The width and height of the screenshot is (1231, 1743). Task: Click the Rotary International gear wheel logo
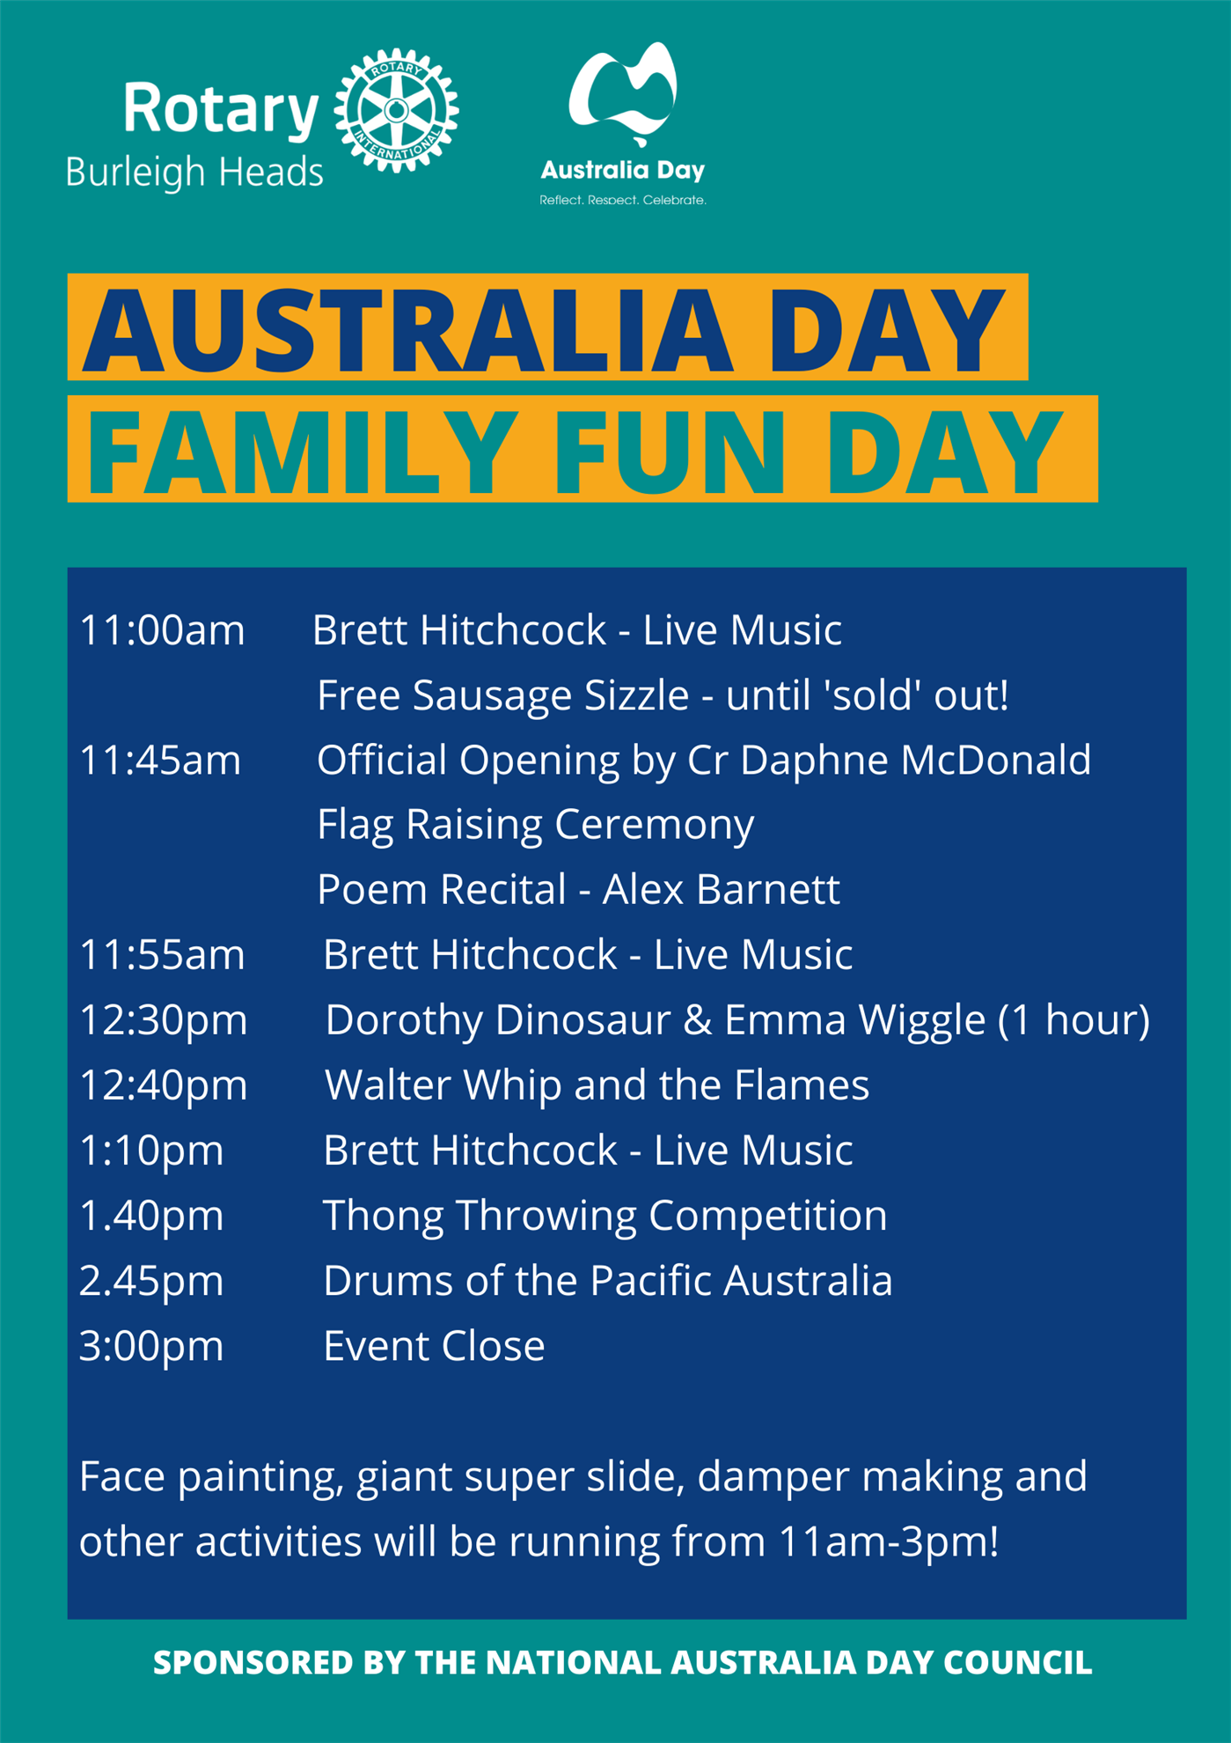(396, 110)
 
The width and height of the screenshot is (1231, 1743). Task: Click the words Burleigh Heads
(194, 173)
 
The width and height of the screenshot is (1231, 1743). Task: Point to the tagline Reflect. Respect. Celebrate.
(623, 200)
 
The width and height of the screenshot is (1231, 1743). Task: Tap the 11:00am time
(162, 631)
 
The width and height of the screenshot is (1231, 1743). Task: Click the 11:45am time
(160, 761)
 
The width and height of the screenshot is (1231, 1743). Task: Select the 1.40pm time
(151, 1217)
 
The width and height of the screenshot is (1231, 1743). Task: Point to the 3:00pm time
(151, 1347)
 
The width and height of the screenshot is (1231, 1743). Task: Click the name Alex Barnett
(721, 890)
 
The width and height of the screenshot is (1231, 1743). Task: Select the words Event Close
(434, 1347)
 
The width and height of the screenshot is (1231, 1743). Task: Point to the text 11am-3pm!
(889, 1543)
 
